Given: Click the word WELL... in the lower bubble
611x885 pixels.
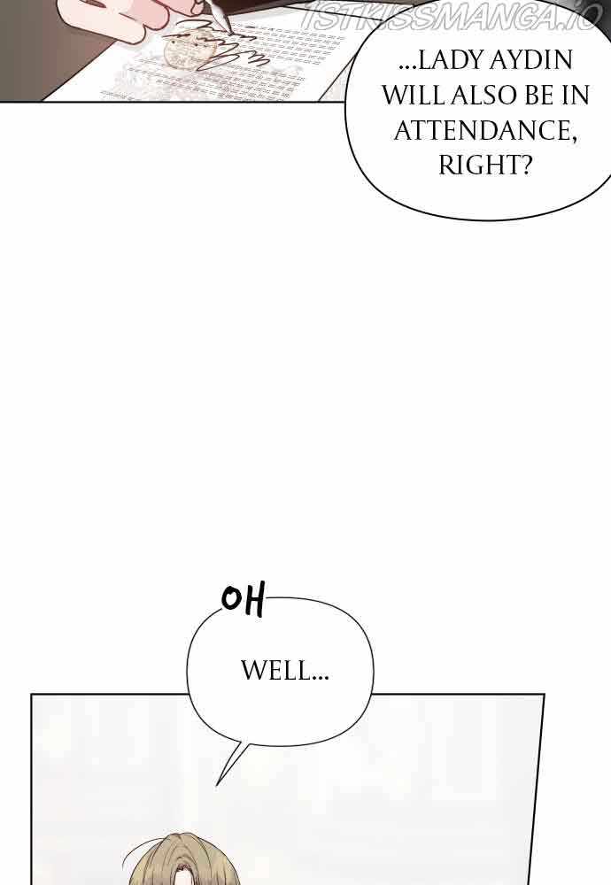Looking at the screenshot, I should (284, 672).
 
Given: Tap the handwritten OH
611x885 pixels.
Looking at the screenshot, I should (243, 602).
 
